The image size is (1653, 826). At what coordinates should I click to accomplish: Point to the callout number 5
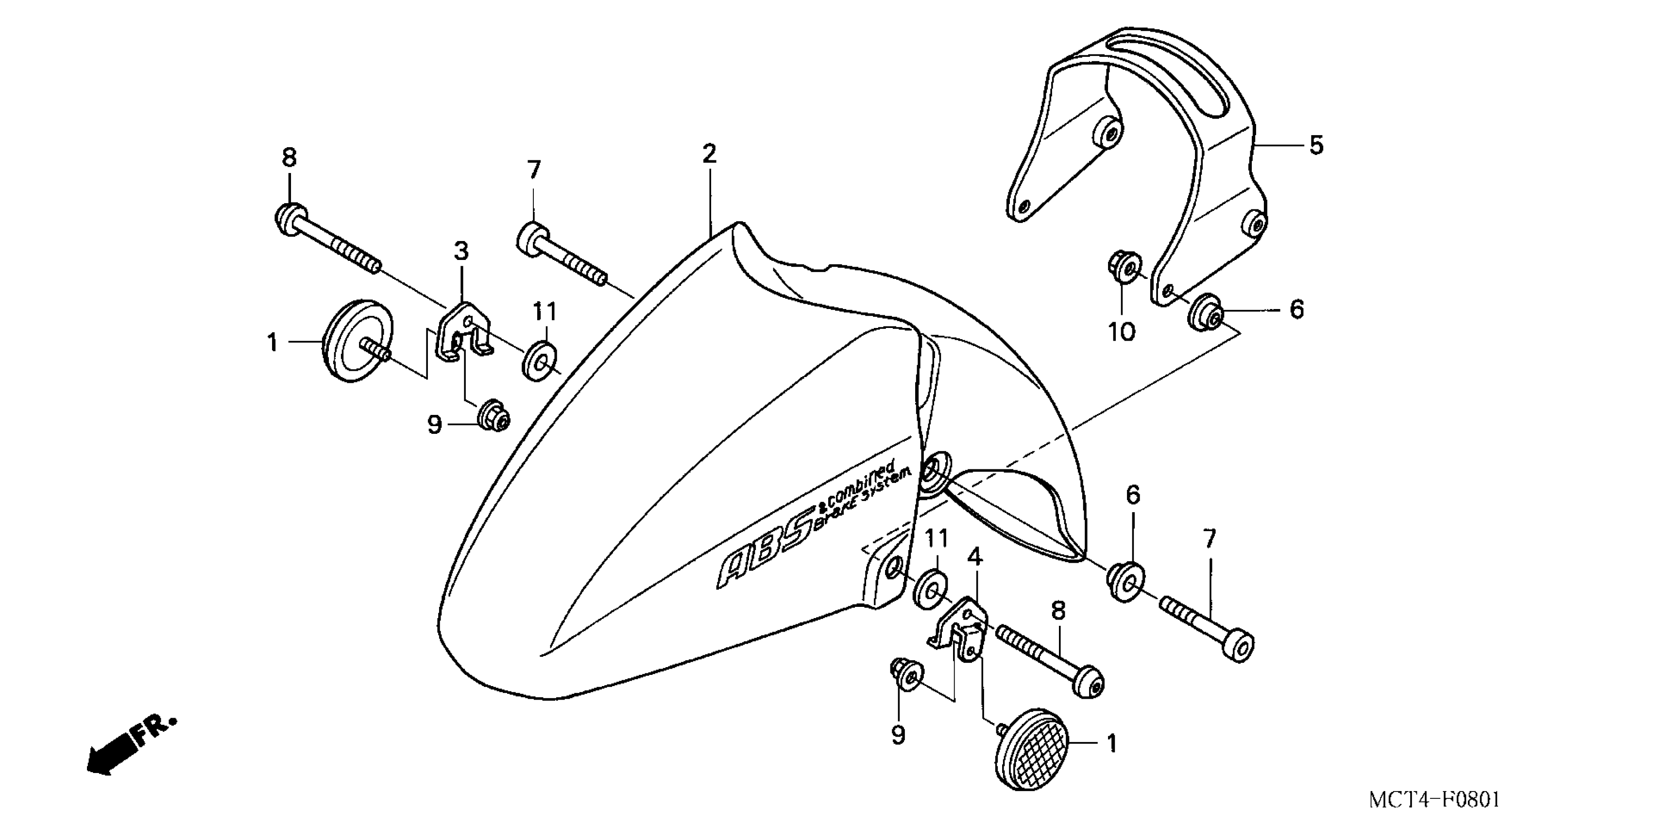[x=1316, y=146]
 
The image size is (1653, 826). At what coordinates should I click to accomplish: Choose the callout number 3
[x=461, y=252]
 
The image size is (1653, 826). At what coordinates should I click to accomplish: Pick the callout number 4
[x=975, y=557]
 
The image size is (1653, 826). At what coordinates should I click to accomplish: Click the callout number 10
[x=1122, y=331]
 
